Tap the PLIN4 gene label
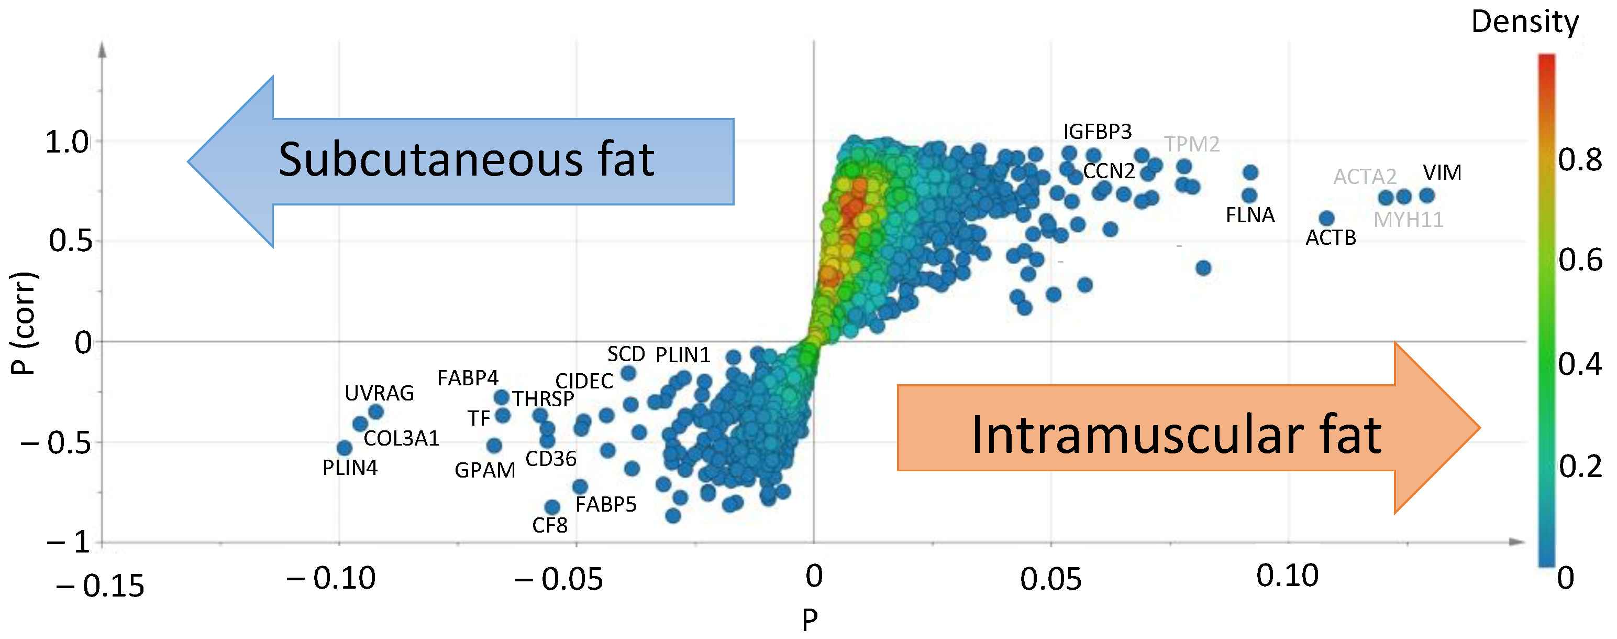point(350,468)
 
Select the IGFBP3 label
point(1097,132)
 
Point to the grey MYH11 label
point(1408,220)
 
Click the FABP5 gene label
point(606,504)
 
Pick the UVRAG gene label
point(379,393)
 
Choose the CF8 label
point(550,525)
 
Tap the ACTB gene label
point(1331,237)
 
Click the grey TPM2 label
point(1191,145)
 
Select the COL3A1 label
point(401,439)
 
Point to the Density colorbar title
point(1525,22)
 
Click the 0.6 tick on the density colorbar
point(1579,260)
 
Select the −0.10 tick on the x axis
point(331,578)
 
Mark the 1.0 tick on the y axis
point(67,143)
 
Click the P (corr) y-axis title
point(24,323)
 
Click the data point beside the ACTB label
point(1326,219)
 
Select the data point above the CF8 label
point(552,507)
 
